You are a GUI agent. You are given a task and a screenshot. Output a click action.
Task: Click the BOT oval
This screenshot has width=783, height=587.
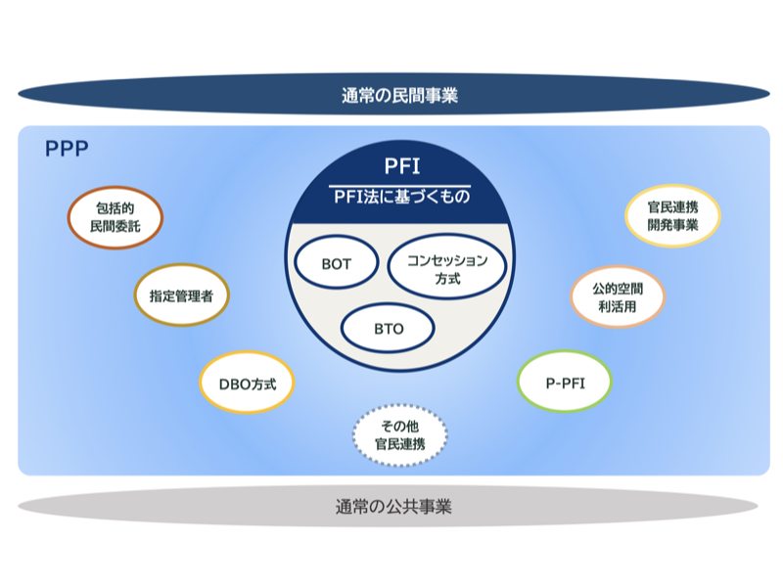click(x=337, y=264)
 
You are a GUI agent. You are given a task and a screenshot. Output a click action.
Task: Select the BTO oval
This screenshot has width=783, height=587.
click(x=389, y=329)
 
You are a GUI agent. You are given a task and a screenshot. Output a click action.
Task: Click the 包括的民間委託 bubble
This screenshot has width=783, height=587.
click(x=115, y=217)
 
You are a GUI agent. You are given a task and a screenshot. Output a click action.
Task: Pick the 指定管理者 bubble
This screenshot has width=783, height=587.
click(x=181, y=293)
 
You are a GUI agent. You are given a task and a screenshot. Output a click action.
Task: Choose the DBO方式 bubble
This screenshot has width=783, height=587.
click(x=247, y=383)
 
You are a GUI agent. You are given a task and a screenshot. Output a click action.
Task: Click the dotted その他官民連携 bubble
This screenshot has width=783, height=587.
click(x=399, y=433)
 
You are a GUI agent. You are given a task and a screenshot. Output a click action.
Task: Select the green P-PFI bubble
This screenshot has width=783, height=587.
click(x=565, y=383)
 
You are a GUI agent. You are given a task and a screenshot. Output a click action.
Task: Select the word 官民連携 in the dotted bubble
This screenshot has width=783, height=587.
click(x=399, y=443)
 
